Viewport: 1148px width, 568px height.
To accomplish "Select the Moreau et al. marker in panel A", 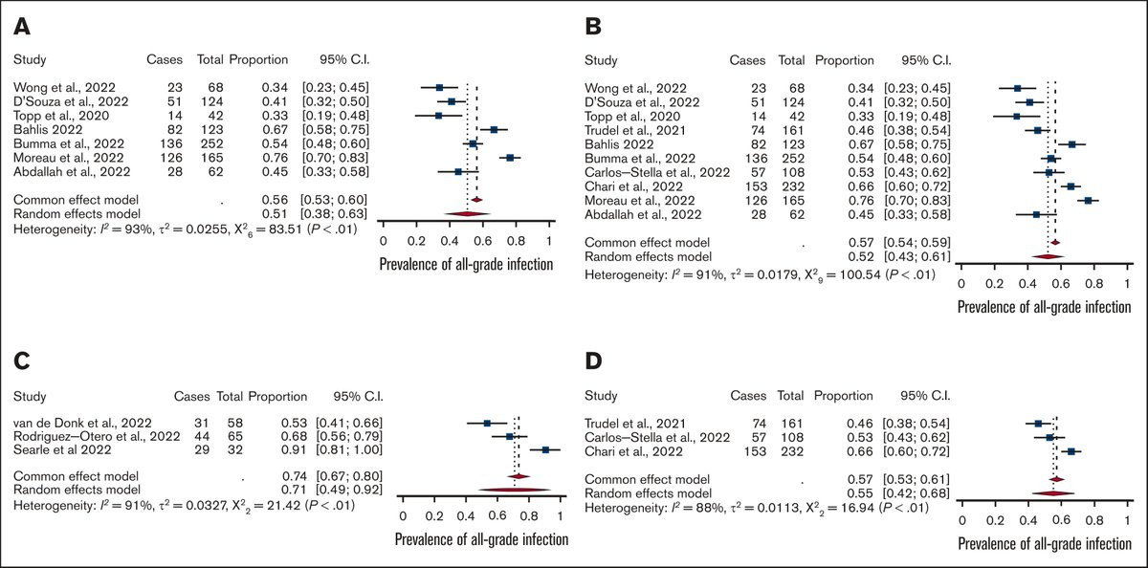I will (x=511, y=157).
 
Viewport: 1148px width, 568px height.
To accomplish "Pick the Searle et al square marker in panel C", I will (x=545, y=449).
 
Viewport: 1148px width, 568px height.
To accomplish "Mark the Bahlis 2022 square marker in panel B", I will (x=1072, y=143).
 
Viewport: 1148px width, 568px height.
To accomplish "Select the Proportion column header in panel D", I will (x=843, y=396).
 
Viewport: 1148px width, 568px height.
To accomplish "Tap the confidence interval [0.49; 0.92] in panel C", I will (x=335, y=489).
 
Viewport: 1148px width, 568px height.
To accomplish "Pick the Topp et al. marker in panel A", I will (x=438, y=116).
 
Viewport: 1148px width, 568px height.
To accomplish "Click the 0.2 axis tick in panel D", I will (x=995, y=520).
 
